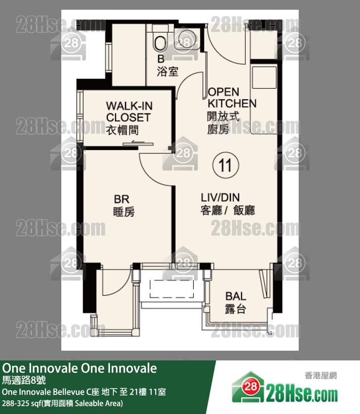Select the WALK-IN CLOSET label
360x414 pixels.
tap(128, 112)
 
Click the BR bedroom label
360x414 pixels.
tap(121, 199)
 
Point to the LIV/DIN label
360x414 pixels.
tap(220, 197)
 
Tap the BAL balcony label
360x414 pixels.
tap(235, 296)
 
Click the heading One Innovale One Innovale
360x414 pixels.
tap(80, 368)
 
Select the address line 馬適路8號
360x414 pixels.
tap(23, 380)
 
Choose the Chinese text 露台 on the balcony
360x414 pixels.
tap(235, 309)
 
